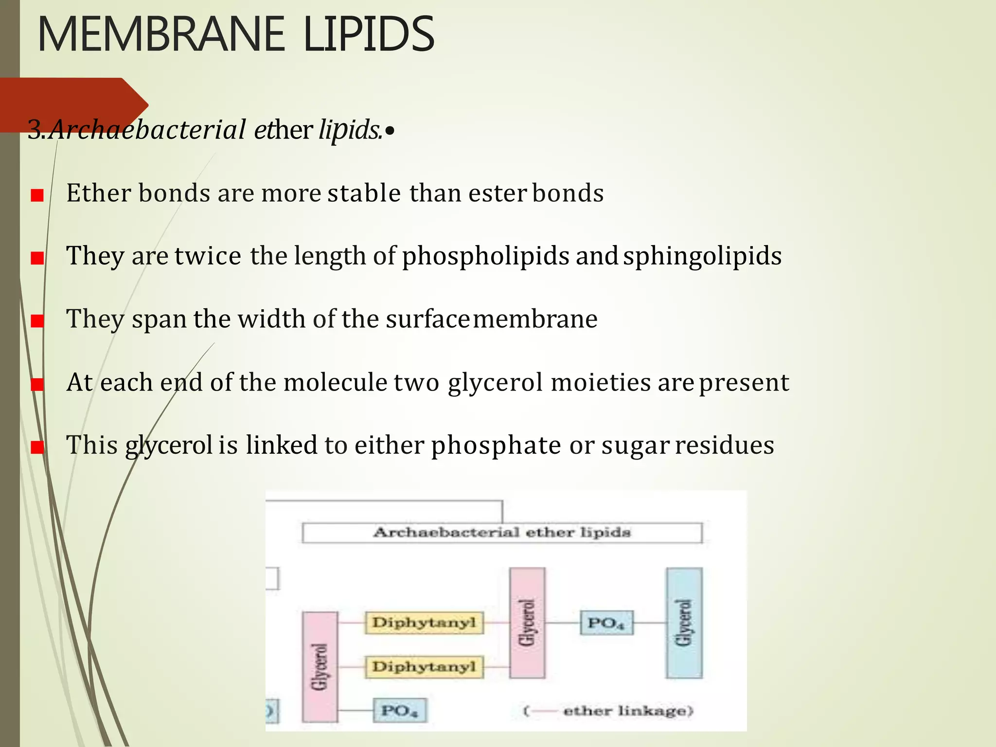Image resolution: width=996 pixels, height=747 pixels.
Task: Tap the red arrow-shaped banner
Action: (x=73, y=104)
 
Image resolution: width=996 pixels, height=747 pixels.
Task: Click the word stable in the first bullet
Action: (x=364, y=193)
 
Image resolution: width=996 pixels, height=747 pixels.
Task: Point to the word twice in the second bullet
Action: (x=208, y=256)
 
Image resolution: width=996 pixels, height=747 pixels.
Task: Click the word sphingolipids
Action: (x=702, y=256)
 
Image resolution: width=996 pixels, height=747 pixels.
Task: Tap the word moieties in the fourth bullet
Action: (x=600, y=382)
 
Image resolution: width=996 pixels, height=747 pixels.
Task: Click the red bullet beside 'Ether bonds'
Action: (x=37, y=196)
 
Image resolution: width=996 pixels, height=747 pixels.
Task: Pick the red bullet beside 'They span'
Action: (x=37, y=321)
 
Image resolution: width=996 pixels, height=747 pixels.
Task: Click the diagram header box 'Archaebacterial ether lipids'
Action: (x=502, y=533)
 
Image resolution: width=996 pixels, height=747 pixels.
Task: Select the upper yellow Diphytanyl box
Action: (x=424, y=622)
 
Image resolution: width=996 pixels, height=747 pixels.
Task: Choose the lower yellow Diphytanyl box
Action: (x=424, y=666)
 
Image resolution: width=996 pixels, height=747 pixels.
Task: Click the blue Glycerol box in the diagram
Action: (x=684, y=622)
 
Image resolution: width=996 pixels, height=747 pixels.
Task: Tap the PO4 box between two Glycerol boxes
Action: (x=606, y=623)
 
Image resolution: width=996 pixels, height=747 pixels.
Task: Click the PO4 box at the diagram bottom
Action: (x=400, y=710)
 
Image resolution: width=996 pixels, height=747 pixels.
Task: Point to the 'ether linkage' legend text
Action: (x=627, y=711)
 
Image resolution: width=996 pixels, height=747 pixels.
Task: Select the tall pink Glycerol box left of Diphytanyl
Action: (x=320, y=666)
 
